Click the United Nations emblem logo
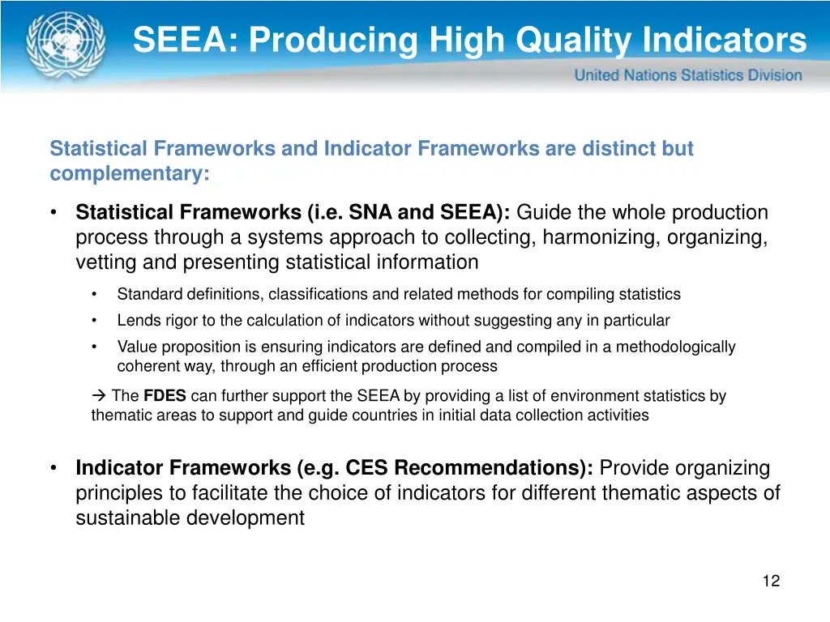click(65, 44)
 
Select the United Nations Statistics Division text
click(688, 75)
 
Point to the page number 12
click(771, 581)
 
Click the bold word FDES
click(165, 397)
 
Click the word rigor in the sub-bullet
click(180, 321)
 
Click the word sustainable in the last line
click(129, 518)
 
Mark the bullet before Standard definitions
click(95, 294)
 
